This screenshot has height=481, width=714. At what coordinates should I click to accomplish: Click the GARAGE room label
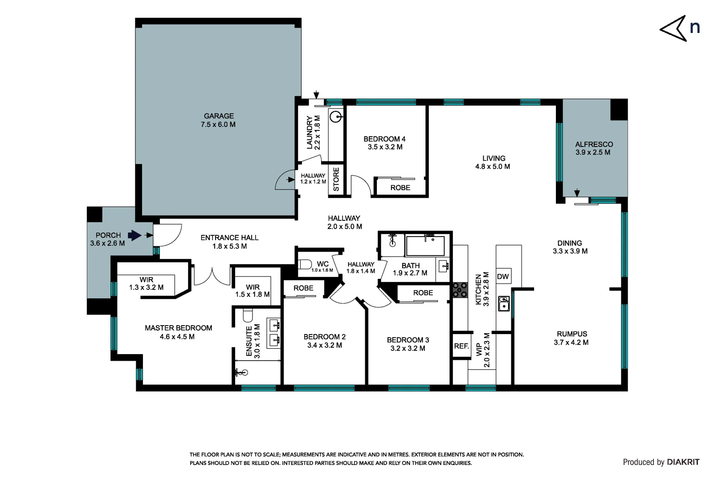point(218,116)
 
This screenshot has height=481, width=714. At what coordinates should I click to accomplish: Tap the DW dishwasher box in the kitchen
point(503,277)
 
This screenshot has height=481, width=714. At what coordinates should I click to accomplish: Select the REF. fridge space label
point(461,346)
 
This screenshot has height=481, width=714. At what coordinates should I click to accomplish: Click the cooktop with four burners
point(460,290)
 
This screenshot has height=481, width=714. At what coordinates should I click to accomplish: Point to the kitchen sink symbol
point(504,303)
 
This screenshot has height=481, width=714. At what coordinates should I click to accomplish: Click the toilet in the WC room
point(306,265)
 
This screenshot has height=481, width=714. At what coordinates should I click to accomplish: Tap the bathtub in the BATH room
point(425,246)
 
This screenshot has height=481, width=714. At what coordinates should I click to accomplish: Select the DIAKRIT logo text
point(683,462)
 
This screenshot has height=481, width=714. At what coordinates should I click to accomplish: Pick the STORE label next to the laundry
point(336,179)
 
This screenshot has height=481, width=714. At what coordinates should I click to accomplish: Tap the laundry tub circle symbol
point(336,117)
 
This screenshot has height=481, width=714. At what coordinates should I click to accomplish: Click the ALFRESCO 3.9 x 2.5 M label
point(593,148)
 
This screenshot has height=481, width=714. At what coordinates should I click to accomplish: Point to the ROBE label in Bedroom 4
point(400,188)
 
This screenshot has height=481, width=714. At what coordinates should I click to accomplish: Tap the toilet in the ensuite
point(248,315)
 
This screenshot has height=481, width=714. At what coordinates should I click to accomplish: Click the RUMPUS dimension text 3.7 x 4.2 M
point(571,342)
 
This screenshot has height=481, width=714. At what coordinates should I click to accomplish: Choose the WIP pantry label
point(479,349)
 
